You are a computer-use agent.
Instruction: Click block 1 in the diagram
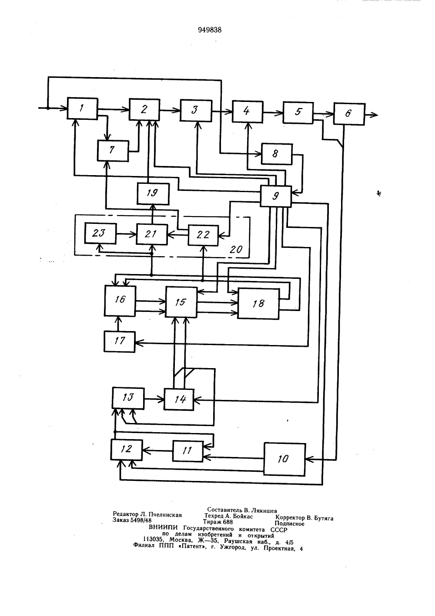click(82, 108)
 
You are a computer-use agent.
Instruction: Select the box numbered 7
click(113, 151)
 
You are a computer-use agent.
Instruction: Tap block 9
click(276, 196)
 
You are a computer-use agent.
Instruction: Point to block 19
click(153, 194)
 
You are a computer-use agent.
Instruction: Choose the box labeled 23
click(100, 233)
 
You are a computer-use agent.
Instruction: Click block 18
click(259, 303)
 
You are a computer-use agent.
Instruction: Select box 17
click(120, 342)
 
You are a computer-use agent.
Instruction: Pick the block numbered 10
click(285, 459)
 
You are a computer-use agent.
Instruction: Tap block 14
click(179, 399)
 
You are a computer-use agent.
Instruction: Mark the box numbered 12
click(127, 450)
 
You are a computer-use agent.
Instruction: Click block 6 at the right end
click(349, 114)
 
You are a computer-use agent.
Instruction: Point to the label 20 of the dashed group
click(236, 250)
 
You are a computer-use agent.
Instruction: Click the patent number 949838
click(210, 30)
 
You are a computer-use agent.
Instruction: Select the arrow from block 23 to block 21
click(127, 234)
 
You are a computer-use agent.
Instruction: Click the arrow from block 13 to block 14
click(154, 399)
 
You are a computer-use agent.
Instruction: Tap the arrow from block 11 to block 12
click(157, 450)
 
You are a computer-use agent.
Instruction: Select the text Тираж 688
click(218, 521)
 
